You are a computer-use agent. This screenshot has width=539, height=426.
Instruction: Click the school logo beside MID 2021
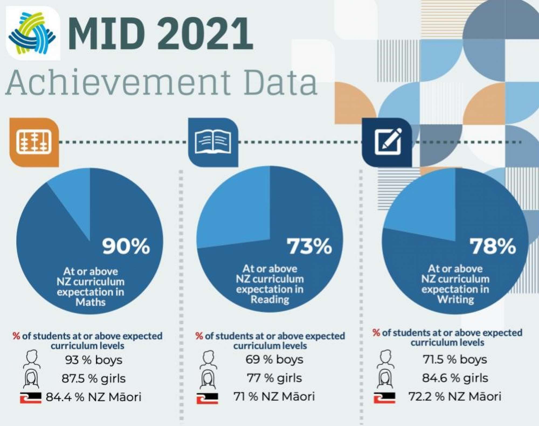(x=33, y=33)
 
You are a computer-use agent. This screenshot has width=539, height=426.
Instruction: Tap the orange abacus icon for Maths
(x=34, y=142)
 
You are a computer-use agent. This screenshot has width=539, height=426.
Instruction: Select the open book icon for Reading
(x=213, y=142)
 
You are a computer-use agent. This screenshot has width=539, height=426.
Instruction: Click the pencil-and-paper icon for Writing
(x=387, y=142)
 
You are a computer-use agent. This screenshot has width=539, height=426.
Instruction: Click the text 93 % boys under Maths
(x=94, y=360)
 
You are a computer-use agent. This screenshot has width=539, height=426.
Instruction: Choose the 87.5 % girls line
(x=94, y=379)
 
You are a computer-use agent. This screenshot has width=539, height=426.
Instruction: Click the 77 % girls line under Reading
(x=274, y=378)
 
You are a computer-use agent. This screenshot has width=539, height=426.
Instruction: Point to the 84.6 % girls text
(x=455, y=378)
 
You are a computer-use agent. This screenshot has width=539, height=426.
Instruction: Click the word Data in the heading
(x=280, y=82)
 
